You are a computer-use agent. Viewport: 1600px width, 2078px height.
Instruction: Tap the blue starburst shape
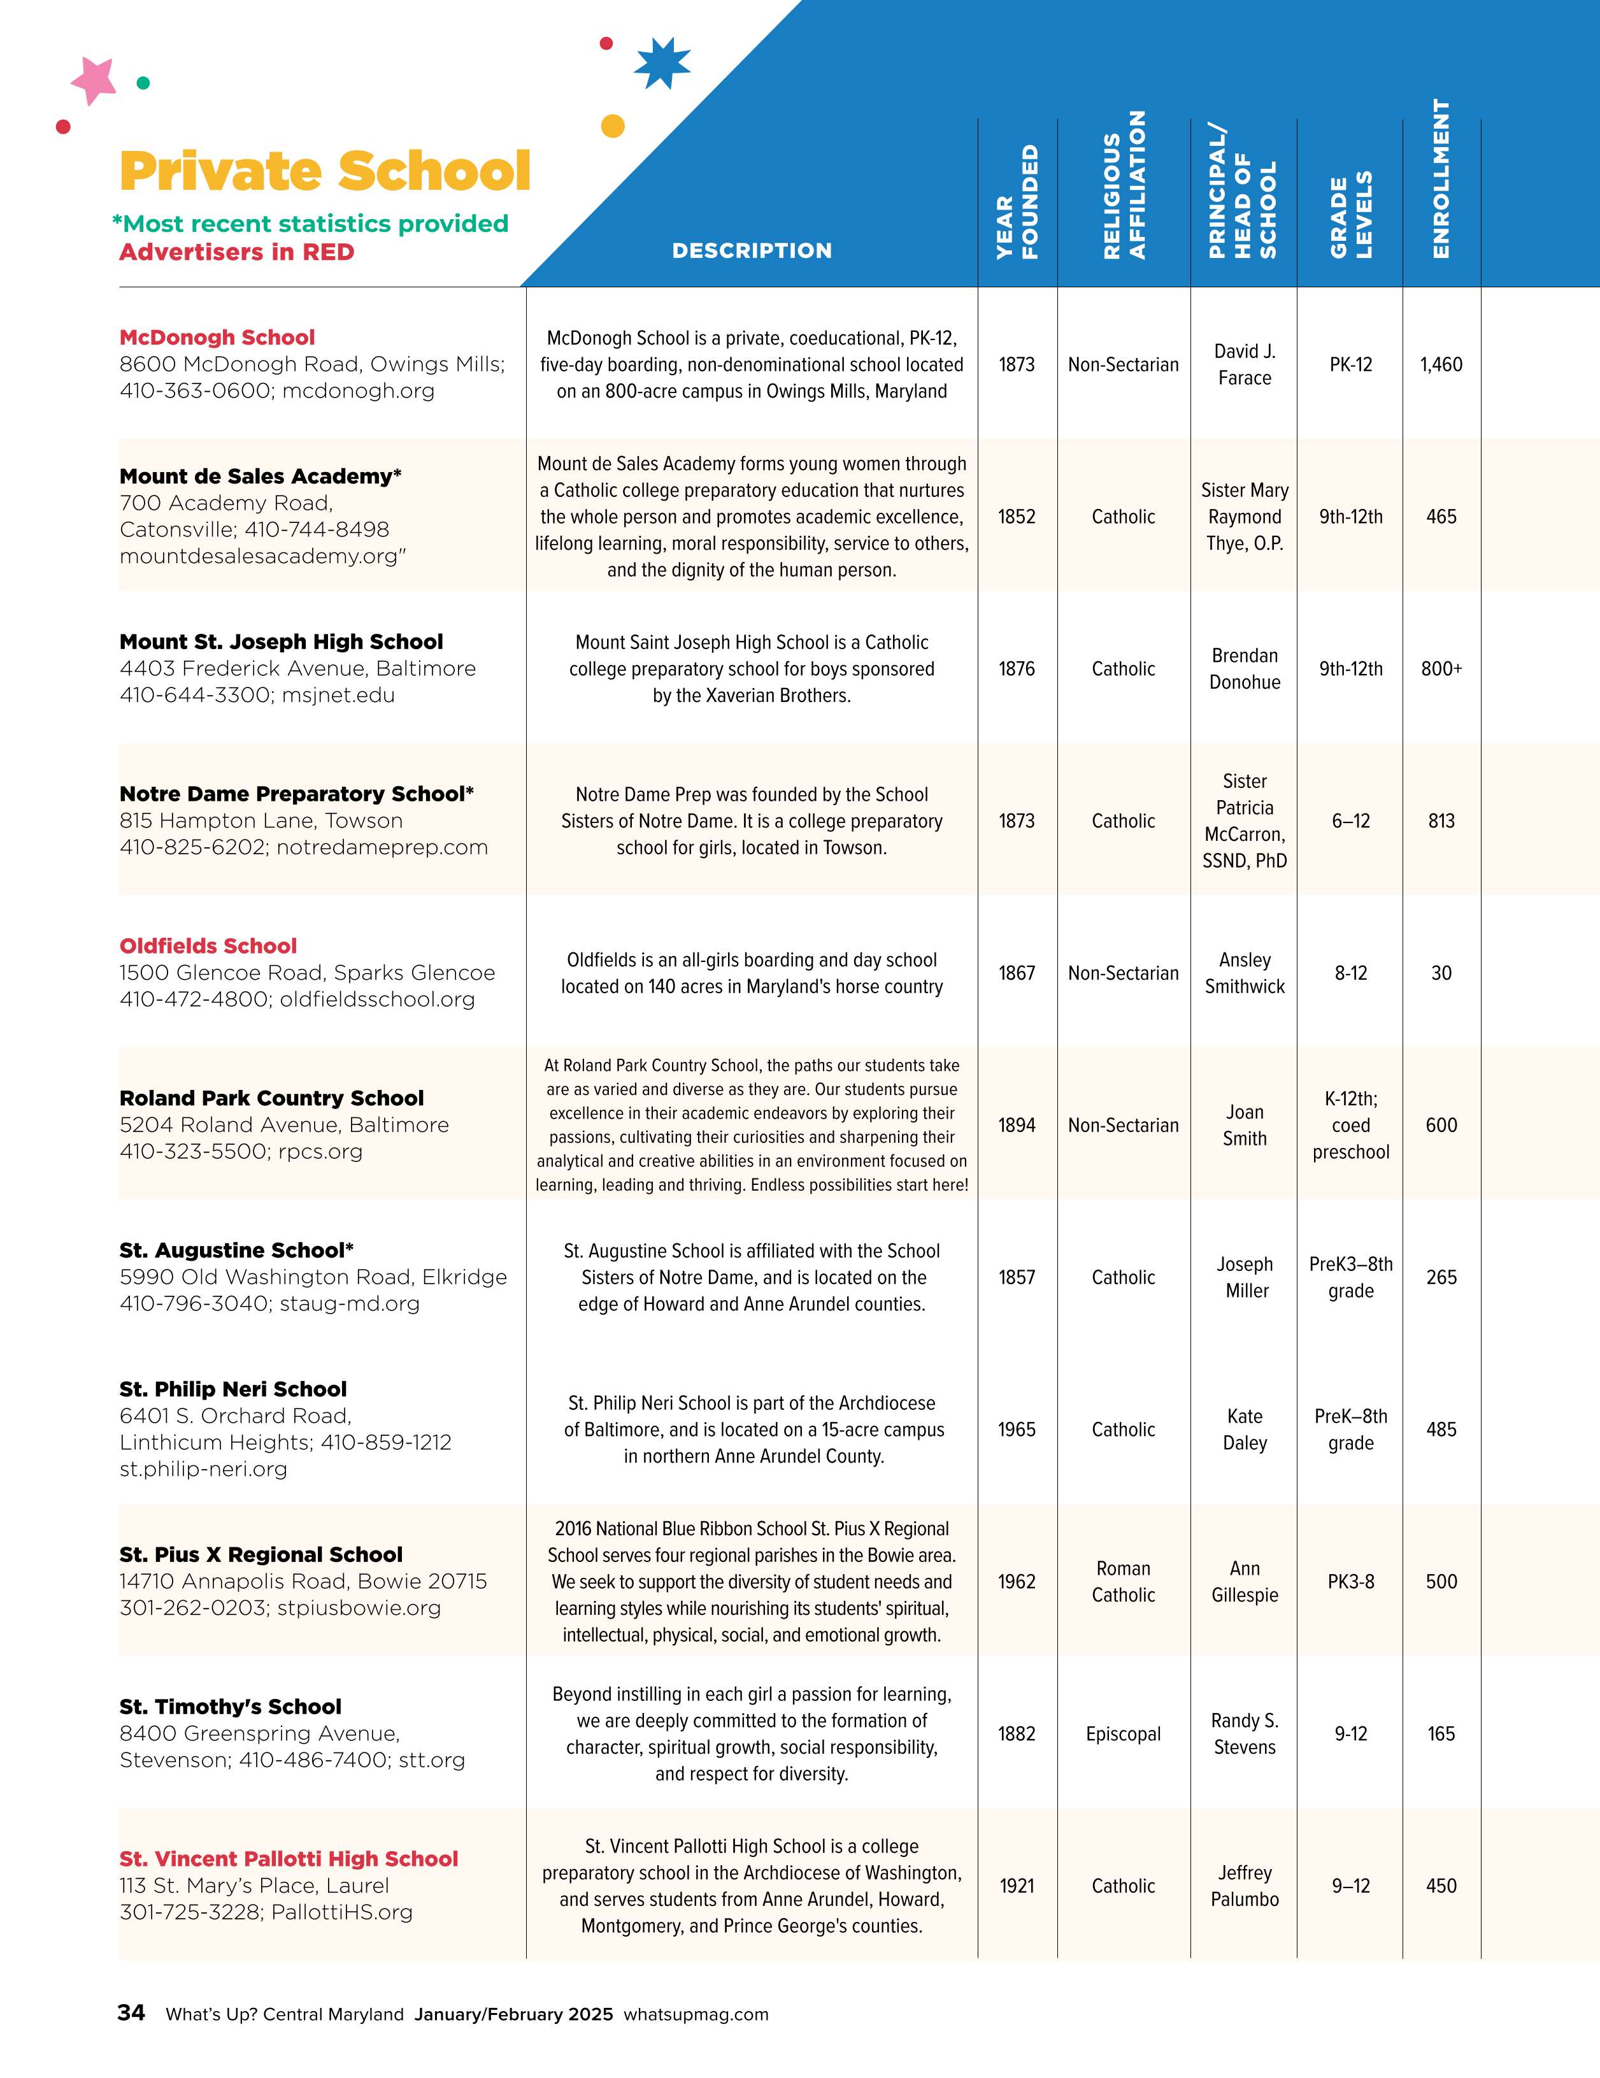click(662, 64)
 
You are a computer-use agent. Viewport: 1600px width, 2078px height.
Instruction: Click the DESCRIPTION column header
click(752, 250)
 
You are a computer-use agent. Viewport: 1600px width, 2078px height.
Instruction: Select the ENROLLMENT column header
click(1441, 179)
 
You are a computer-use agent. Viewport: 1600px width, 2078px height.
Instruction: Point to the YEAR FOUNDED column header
click(1017, 202)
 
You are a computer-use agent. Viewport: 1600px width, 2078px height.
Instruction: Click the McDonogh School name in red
click(217, 338)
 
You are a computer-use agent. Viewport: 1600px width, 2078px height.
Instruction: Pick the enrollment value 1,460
click(1441, 364)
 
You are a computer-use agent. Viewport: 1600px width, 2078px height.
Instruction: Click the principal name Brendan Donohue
click(1244, 669)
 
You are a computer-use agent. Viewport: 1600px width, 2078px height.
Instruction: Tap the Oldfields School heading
click(208, 946)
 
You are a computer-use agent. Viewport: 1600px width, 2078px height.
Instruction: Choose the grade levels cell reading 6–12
click(1351, 821)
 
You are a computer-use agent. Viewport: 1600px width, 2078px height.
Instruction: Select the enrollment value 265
click(1441, 1277)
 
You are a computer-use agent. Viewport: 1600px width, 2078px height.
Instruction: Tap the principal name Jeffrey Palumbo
click(1244, 1886)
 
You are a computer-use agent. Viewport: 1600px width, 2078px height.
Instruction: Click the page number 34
click(131, 2012)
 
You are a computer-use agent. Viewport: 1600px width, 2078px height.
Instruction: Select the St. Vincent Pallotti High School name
click(289, 1859)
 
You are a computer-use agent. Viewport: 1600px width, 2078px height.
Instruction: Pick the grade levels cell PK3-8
click(1351, 1581)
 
